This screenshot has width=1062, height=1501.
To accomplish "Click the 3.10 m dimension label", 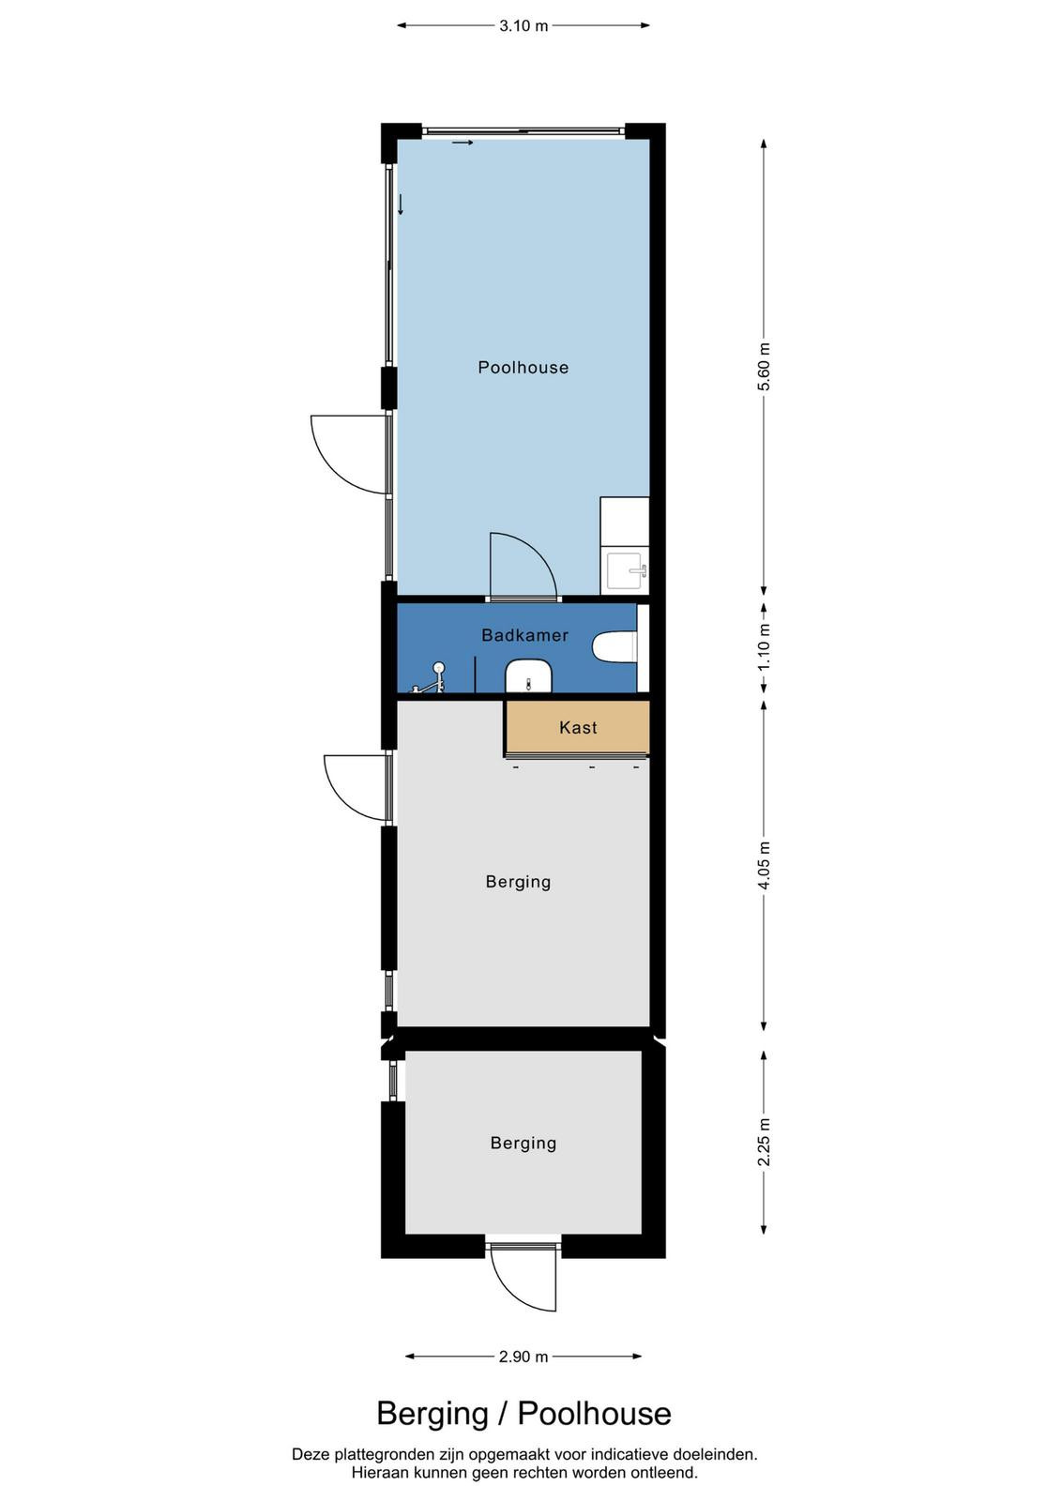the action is click(523, 26).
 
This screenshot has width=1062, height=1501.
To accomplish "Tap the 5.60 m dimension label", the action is click(765, 366).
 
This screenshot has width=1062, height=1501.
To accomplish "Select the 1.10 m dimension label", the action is click(765, 646).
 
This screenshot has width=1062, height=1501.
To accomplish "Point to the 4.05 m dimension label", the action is click(765, 864).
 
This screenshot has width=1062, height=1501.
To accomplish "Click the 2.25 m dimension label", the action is click(765, 1142).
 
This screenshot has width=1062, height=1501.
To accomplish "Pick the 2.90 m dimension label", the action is click(523, 1357).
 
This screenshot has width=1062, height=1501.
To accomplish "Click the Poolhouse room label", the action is click(523, 367).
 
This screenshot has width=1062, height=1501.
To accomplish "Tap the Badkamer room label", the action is click(524, 634).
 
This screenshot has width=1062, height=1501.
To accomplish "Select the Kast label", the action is click(578, 727).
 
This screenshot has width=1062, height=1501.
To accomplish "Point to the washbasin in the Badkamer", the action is click(528, 675).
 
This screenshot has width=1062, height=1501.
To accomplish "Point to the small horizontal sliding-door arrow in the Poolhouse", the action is click(463, 143).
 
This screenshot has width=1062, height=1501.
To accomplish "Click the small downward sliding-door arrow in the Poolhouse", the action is click(401, 205).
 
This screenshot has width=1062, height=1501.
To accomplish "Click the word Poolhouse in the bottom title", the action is click(594, 1414).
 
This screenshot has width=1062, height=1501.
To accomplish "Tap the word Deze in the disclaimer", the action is click(309, 1455).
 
